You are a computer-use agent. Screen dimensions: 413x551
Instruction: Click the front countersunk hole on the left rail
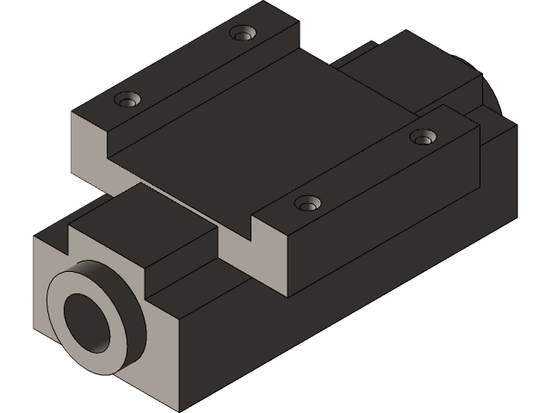128,100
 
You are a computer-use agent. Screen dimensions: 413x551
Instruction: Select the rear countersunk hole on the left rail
244,34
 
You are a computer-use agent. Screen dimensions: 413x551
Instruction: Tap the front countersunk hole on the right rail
306,204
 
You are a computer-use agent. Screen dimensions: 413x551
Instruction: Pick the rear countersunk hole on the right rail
423,137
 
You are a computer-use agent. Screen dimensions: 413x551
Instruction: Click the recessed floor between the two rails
258,129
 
